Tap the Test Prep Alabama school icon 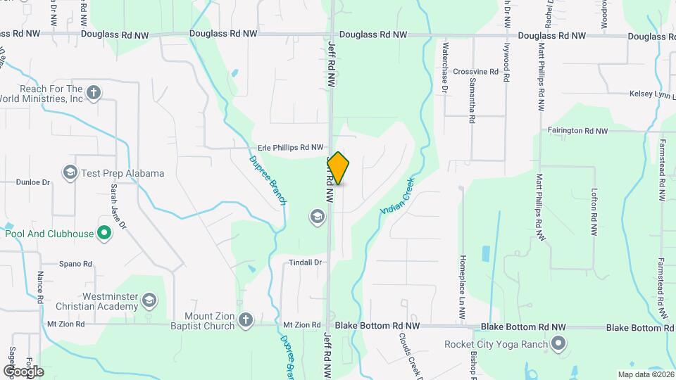click(70, 173)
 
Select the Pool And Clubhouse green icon click(104, 233)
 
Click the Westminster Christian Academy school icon click(149, 301)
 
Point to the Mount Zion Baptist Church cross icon click(245, 320)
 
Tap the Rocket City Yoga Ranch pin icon click(558, 344)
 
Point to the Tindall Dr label click(305, 262)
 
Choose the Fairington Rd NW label click(577, 131)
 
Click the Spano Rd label click(75, 265)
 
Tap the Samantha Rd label click(472, 99)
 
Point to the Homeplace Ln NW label click(463, 282)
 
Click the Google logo click(23, 371)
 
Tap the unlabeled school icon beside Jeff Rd click(316, 217)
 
